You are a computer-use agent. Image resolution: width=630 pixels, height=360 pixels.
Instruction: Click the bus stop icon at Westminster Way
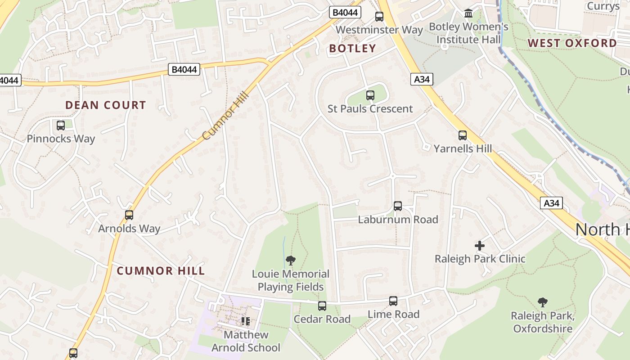pos(379,17)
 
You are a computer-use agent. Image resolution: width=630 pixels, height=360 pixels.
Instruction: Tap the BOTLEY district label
pos(352,49)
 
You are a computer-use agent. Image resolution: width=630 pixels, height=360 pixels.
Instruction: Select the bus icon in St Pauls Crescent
pos(370,95)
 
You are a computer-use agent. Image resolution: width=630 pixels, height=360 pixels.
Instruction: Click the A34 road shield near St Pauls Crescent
pos(422,80)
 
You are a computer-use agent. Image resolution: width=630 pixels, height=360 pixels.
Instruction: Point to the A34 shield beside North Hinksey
pos(551,203)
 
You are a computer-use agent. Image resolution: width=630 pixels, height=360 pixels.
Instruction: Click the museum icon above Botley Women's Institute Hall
pos(468,13)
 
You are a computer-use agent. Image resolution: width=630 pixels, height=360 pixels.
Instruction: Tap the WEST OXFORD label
pos(572,43)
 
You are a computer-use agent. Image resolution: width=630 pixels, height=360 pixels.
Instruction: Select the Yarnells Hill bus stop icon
pos(463,135)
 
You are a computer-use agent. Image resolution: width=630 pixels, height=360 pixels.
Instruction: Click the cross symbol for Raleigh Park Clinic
pos(480,246)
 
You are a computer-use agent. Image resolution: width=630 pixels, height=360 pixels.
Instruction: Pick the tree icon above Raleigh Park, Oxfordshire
pos(543,302)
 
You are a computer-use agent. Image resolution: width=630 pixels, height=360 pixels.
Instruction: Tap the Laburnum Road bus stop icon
pos(398,206)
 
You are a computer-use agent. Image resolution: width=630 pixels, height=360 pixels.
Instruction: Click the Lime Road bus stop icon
pos(393,301)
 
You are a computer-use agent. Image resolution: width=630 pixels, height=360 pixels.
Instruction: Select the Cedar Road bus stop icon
pos(322,306)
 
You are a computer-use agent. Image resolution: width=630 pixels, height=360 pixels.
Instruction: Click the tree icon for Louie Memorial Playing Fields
pos(291,260)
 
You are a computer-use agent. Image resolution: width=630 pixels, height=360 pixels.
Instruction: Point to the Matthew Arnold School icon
pos(246,321)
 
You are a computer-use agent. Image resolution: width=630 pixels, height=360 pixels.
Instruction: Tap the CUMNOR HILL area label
pos(161,271)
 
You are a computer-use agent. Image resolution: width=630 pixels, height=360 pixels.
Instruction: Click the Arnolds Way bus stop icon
pos(129,215)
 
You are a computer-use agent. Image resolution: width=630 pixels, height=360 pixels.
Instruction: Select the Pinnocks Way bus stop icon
pos(61,126)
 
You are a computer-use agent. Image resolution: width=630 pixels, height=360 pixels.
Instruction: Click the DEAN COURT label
pos(106,105)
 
